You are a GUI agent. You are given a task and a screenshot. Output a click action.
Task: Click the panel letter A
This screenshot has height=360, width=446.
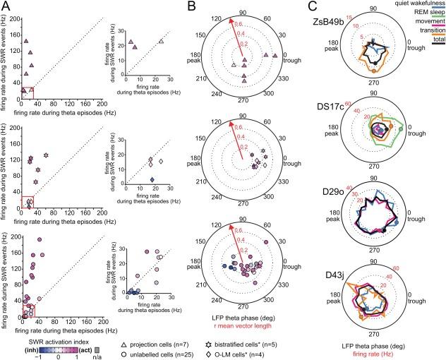pos(7,6)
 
